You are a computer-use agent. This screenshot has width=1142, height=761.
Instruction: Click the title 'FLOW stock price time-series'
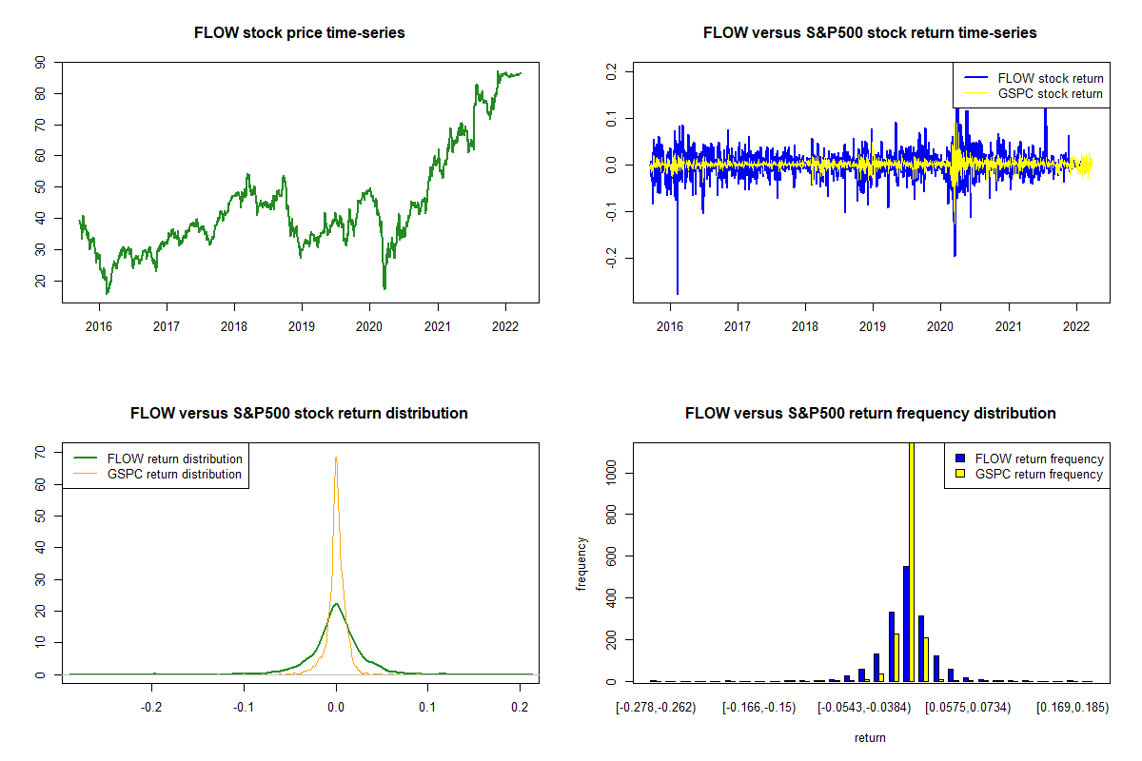click(x=299, y=32)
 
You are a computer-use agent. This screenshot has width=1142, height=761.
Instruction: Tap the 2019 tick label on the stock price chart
click(x=302, y=326)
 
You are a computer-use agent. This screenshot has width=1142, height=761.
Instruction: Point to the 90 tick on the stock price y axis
click(x=40, y=63)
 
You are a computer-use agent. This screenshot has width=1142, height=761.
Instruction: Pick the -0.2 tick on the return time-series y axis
click(x=611, y=258)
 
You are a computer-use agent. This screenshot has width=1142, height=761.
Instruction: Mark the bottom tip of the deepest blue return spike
click(x=678, y=294)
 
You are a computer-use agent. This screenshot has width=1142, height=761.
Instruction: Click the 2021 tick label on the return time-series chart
click(x=1009, y=326)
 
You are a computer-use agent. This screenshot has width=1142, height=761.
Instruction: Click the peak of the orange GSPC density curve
click(x=336, y=458)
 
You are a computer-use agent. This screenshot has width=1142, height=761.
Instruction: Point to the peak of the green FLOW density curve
click(x=336, y=604)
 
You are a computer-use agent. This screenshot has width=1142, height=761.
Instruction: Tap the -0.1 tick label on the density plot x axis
click(x=244, y=707)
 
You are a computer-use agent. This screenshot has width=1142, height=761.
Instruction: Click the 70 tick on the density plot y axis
click(x=40, y=453)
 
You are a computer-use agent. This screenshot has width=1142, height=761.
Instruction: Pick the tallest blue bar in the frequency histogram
click(x=906, y=624)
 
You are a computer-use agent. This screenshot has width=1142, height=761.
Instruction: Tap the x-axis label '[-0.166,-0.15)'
click(x=758, y=708)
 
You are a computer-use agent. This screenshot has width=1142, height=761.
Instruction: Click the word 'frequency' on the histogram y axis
click(x=581, y=564)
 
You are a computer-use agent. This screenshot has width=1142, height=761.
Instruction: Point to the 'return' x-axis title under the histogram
click(x=870, y=737)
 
